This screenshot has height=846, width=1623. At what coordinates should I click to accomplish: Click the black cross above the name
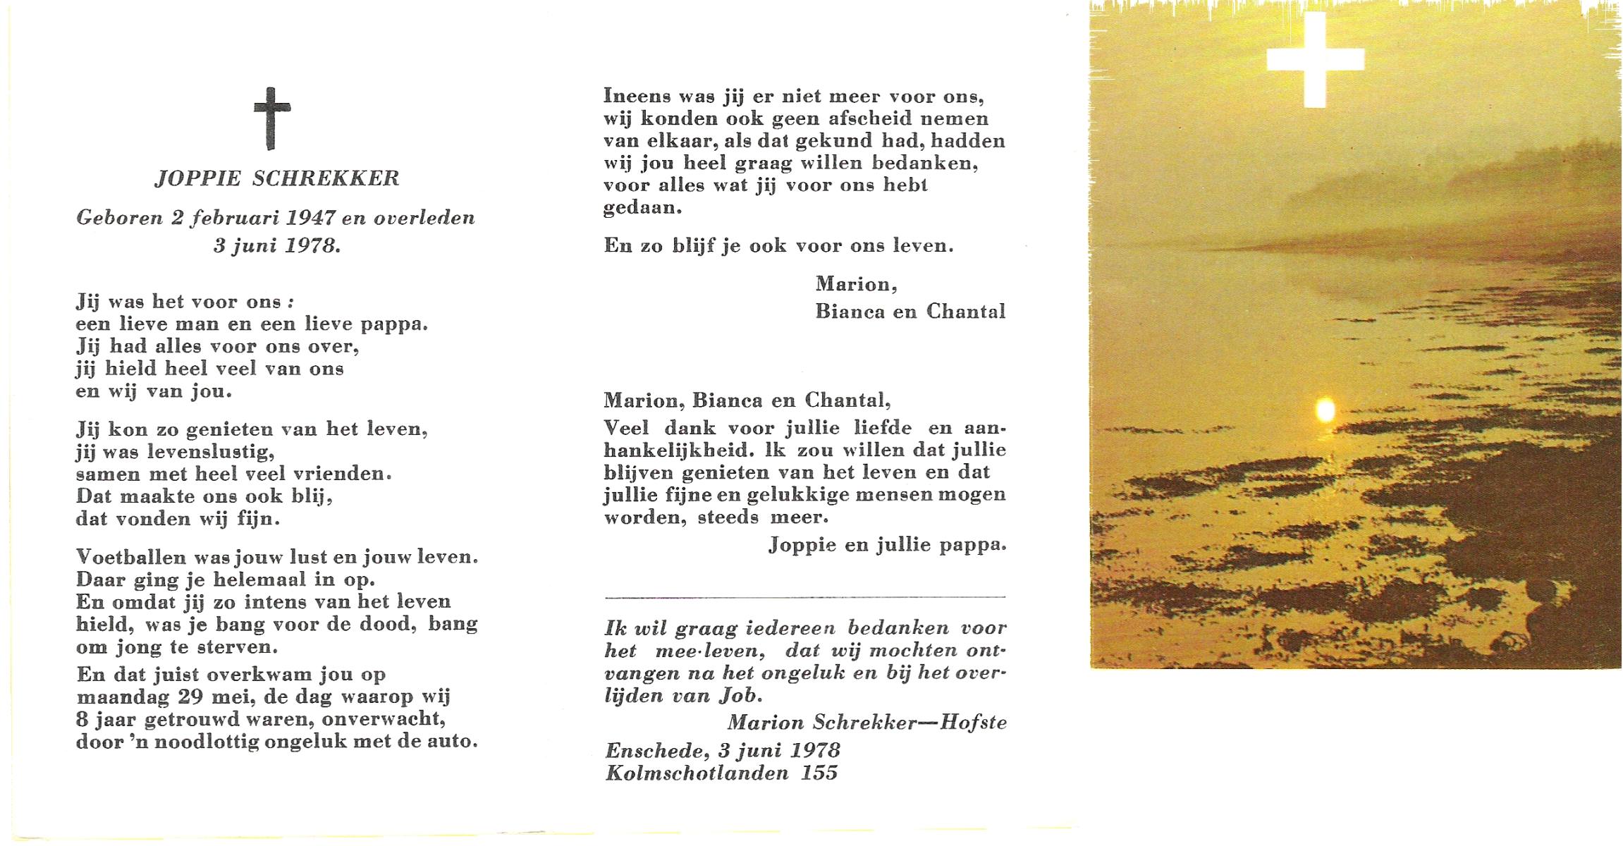pos(271,118)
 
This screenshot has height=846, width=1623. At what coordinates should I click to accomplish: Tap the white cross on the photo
pos(1314,61)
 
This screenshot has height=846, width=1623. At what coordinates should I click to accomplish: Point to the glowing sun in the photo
pos(1325,410)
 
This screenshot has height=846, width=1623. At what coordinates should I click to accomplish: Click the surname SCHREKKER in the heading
pos(326,179)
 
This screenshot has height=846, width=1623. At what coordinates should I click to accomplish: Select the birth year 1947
pos(310,218)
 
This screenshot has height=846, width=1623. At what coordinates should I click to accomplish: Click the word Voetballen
pos(132,557)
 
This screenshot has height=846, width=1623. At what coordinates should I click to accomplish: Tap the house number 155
pos(819,773)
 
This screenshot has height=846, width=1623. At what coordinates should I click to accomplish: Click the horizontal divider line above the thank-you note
pos(804,598)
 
